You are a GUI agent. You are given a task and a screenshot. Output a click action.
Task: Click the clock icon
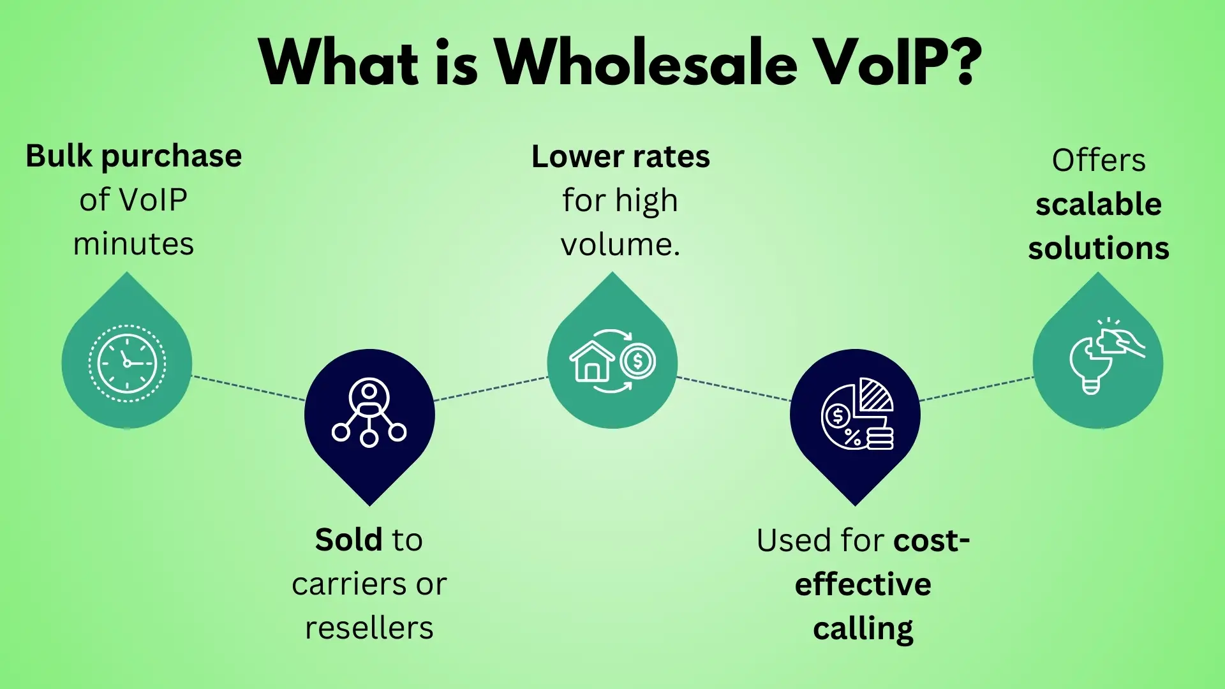tap(127, 364)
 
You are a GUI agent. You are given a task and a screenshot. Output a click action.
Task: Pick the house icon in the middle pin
tap(591, 362)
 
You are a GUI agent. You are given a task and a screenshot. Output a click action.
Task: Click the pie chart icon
tap(857, 413)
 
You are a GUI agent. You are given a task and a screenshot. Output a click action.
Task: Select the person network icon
tap(369, 412)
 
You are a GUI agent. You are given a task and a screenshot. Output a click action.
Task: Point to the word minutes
tap(133, 244)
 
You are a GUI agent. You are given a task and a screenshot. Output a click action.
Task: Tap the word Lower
tap(577, 157)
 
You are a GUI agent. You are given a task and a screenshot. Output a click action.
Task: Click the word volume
tap(620, 244)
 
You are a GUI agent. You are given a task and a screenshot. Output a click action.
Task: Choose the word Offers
tap(1099, 160)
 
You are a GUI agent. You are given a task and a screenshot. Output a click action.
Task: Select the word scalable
tap(1099, 205)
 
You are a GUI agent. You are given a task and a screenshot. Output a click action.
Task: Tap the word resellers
tap(369, 628)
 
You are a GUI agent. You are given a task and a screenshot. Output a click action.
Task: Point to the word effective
tap(863, 584)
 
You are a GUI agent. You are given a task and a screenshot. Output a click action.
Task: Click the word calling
tap(863, 629)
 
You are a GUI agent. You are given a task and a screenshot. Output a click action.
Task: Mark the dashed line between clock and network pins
tap(249, 388)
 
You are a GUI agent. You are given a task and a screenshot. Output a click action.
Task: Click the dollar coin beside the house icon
tap(637, 362)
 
